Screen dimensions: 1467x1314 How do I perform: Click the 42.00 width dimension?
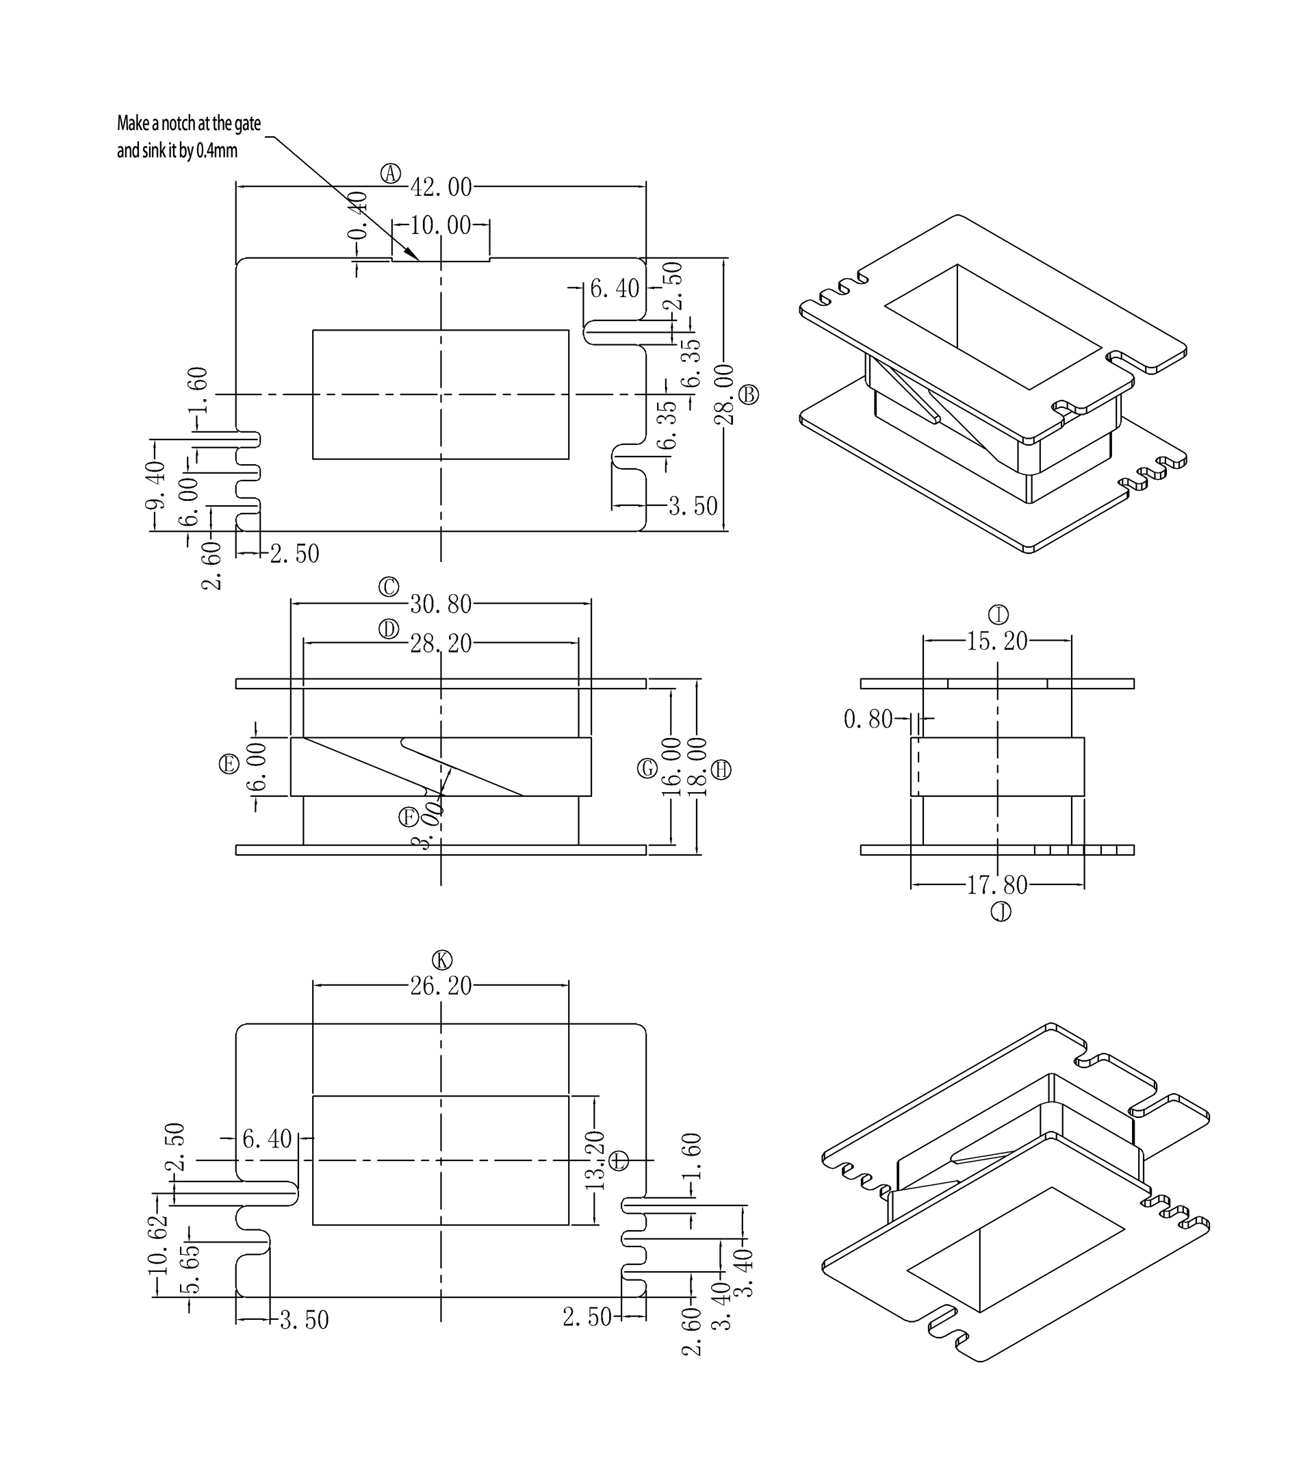pos(441,188)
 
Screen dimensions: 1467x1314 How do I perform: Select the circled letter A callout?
pos(391,173)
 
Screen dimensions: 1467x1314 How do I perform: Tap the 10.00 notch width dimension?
pos(441,225)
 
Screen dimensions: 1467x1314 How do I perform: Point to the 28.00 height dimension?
pos(724,394)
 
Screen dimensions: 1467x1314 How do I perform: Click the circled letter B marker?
pos(749,394)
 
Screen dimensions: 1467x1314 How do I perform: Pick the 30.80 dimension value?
pos(441,604)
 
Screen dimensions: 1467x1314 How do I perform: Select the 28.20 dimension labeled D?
pos(441,643)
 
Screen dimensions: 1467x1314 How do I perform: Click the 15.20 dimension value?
pos(997,641)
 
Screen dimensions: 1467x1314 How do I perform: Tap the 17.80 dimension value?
pos(997,885)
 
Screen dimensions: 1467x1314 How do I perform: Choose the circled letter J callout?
pos(1001,913)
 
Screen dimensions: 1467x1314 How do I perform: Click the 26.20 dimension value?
pos(441,985)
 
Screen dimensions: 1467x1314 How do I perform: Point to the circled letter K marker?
pos(442,960)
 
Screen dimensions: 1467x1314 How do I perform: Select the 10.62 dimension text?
pos(157,1244)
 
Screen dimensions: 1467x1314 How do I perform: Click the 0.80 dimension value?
pos(868,719)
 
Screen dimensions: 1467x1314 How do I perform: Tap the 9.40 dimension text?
pos(155,485)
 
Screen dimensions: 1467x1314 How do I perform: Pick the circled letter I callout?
pos(999,615)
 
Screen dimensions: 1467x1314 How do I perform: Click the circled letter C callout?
pos(389,587)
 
